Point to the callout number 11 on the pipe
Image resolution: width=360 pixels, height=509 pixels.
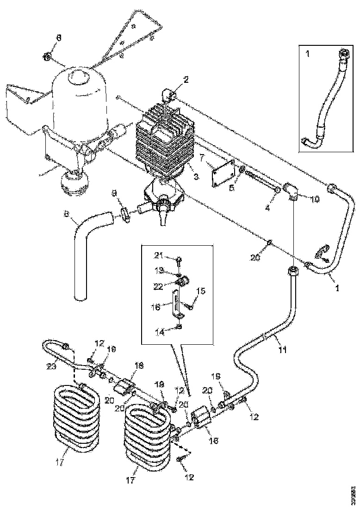pos(283,350)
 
